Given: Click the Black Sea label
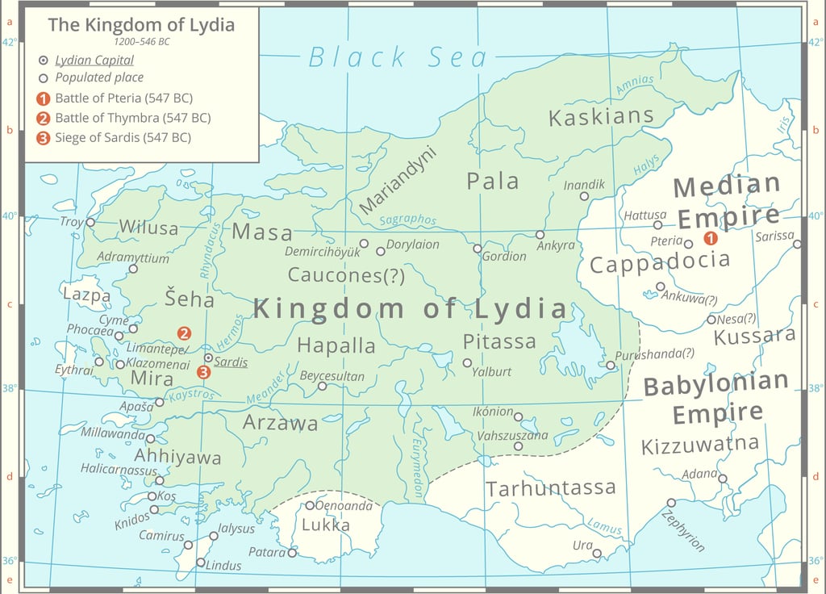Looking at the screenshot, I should click(398, 57).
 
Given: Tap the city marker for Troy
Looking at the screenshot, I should click(90, 222).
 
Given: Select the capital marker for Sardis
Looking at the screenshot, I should click(208, 358).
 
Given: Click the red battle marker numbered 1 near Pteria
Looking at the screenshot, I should click(710, 238).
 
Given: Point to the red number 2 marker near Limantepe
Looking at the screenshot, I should click(184, 333).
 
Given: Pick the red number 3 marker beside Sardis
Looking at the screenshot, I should click(203, 372).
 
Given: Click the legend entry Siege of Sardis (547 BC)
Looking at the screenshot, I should click(123, 137).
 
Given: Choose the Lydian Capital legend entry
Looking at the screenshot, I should click(94, 61).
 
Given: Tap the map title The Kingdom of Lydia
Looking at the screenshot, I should click(141, 24).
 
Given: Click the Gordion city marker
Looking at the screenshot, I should click(478, 249).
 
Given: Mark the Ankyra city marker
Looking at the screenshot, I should click(540, 235).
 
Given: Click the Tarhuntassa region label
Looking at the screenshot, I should click(551, 488).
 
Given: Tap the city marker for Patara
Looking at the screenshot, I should click(292, 553).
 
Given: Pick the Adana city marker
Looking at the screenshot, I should click(723, 479).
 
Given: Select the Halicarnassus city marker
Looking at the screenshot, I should click(159, 480).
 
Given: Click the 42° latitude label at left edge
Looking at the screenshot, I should click(8, 42).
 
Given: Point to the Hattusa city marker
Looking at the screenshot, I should click(657, 225).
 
